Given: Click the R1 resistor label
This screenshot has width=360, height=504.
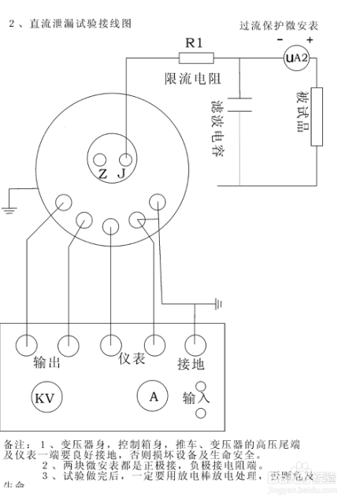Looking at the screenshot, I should [195, 43].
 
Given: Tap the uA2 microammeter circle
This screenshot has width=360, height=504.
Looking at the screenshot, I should [294, 57].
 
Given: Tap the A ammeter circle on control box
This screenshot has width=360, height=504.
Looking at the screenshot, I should [154, 396].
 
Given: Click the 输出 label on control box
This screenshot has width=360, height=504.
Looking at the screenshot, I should [46, 363].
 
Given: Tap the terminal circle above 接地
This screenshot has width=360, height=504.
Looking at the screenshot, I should [193, 344].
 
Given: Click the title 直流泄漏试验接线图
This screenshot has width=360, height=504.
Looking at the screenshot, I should [79, 25].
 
